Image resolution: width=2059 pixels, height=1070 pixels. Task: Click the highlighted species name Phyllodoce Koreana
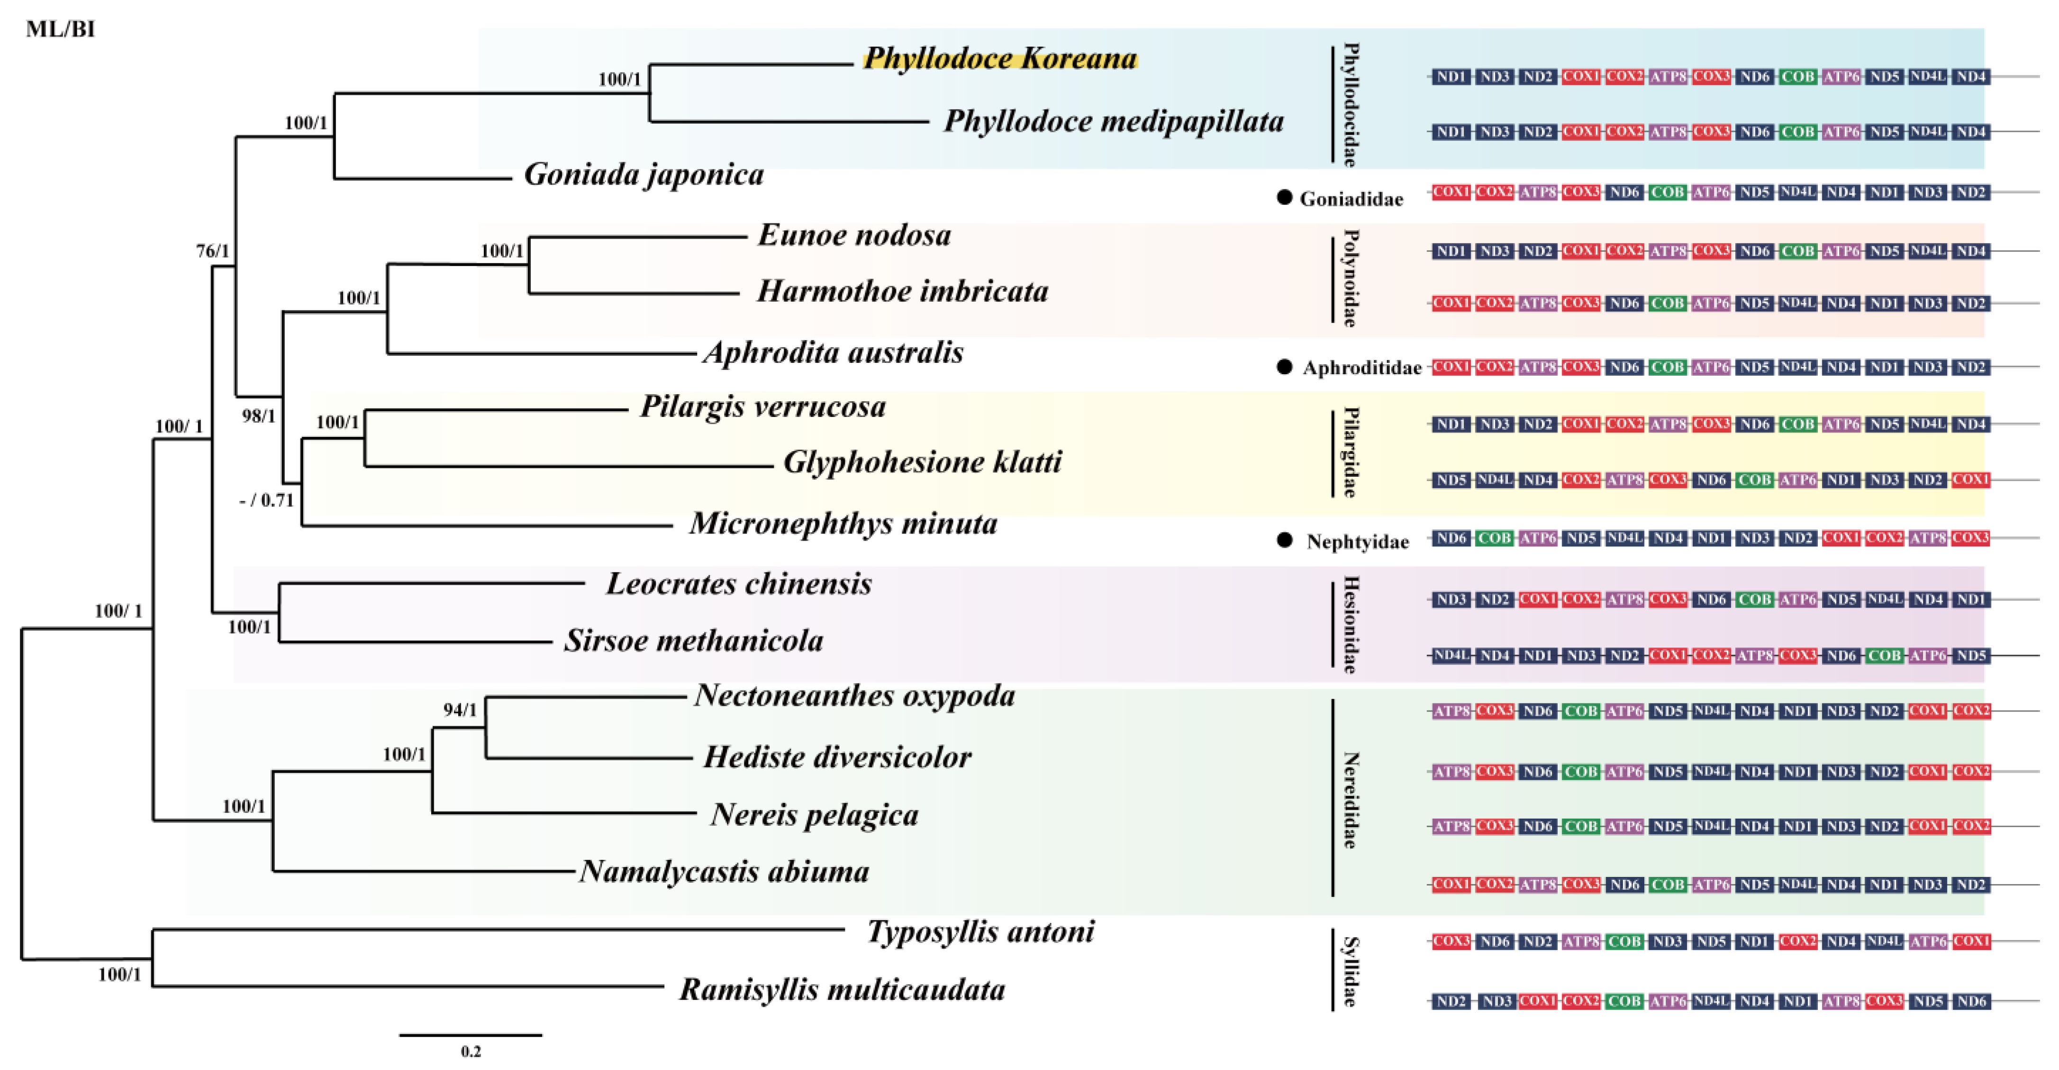click(1000, 58)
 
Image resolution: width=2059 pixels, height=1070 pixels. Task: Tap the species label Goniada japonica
click(644, 175)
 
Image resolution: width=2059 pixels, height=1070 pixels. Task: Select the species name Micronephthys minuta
click(843, 524)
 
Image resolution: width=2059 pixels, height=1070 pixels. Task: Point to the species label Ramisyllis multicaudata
click(842, 990)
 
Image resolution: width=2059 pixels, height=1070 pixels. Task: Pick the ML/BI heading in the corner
click(60, 29)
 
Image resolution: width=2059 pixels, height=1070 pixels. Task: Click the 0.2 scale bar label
click(471, 1052)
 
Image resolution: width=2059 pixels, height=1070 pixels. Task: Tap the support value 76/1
click(213, 251)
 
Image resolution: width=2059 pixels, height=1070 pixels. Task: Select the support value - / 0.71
click(267, 500)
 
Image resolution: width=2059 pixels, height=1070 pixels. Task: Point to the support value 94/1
click(461, 710)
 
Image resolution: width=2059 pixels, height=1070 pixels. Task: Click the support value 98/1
click(259, 416)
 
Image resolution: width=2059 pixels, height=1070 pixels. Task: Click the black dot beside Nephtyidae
click(1285, 541)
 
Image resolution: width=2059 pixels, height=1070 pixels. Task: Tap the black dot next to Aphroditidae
click(1285, 367)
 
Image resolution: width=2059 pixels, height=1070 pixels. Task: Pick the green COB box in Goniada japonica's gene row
click(1668, 193)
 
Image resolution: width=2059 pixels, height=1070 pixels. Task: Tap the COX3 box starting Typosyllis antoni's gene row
click(1451, 941)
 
